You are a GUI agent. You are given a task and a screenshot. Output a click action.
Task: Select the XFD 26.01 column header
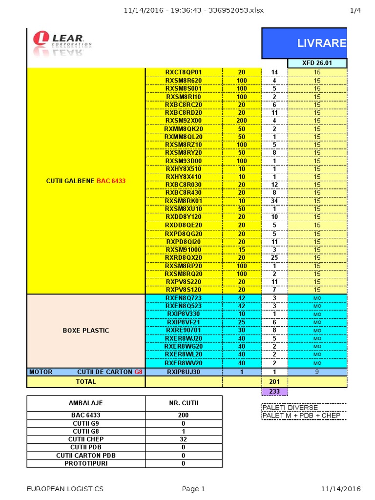tap(317, 63)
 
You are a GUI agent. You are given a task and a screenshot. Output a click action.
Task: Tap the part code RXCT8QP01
tap(183, 72)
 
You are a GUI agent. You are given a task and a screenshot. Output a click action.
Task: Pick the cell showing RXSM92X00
tap(183, 121)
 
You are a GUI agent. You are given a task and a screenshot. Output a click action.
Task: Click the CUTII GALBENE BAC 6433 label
tap(86, 181)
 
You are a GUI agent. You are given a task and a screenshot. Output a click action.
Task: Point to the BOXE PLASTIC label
tap(86, 331)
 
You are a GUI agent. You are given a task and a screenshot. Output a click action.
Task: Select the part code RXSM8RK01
tap(183, 201)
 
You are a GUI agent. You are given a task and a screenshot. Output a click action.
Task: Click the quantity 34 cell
tap(274, 201)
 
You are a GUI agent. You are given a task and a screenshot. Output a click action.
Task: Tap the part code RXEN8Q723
tap(183, 298)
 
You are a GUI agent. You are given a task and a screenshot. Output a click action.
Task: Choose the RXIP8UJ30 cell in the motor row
tap(183, 372)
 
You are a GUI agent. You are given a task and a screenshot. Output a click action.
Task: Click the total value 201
tap(274, 381)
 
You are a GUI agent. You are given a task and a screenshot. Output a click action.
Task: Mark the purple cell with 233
tap(274, 391)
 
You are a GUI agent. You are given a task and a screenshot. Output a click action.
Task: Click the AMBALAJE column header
tap(85, 403)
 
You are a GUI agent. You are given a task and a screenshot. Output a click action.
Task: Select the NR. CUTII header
tap(183, 403)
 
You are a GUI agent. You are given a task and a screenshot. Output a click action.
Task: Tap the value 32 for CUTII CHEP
tap(183, 439)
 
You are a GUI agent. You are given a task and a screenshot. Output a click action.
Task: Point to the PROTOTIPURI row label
tap(85, 463)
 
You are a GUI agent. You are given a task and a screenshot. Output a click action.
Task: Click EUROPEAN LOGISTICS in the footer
tap(65, 489)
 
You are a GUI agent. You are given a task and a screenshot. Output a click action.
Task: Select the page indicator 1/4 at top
tap(355, 10)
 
